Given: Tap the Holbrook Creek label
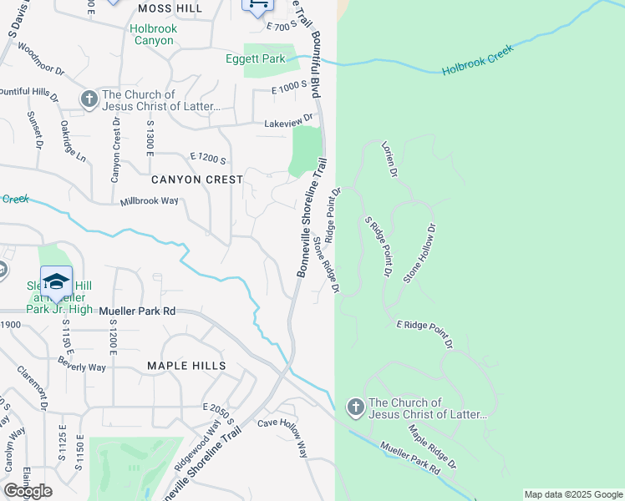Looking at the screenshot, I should pyautogui.click(x=478, y=59).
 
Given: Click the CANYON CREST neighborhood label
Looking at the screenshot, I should pyautogui.click(x=197, y=180).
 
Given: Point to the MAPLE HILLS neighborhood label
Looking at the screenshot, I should pyautogui.click(x=186, y=366).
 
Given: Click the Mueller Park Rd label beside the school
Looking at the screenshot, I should pyautogui.click(x=137, y=311).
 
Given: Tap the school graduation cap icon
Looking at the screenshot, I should pyautogui.click(x=56, y=281).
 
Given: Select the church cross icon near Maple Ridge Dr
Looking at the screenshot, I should pyautogui.click(x=355, y=407).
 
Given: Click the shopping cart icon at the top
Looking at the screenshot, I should pyautogui.click(x=257, y=4).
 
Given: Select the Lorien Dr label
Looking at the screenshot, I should pyautogui.click(x=389, y=159).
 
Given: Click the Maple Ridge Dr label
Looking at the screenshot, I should pyautogui.click(x=433, y=447).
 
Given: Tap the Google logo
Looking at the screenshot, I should pyautogui.click(x=28, y=491).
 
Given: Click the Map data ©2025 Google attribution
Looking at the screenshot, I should pyautogui.click(x=572, y=494).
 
